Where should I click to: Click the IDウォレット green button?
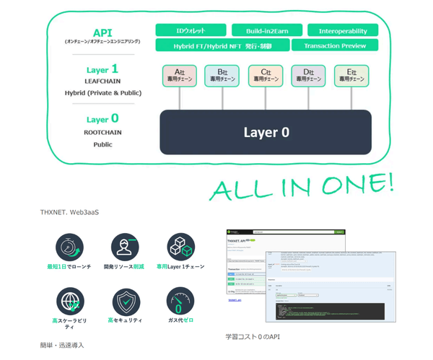(x=191, y=30)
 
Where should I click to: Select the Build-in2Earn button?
(x=267, y=30)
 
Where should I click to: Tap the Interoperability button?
(x=342, y=30)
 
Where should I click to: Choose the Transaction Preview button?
(x=334, y=45)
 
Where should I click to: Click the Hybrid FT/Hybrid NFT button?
(x=222, y=45)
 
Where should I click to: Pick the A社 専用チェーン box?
(x=180, y=76)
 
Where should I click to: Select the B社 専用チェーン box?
(x=222, y=76)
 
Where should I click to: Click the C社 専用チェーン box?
(x=266, y=76)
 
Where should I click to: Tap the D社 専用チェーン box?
(x=308, y=76)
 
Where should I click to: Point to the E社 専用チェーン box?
(x=351, y=76)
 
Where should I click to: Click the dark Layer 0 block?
(x=266, y=132)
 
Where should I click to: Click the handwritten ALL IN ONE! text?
(x=301, y=186)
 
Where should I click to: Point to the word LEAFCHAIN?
(x=102, y=82)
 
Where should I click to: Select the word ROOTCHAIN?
(x=102, y=133)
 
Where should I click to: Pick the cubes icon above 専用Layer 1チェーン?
(x=180, y=247)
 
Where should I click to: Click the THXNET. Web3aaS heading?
(x=69, y=212)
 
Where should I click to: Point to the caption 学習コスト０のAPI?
(x=253, y=336)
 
